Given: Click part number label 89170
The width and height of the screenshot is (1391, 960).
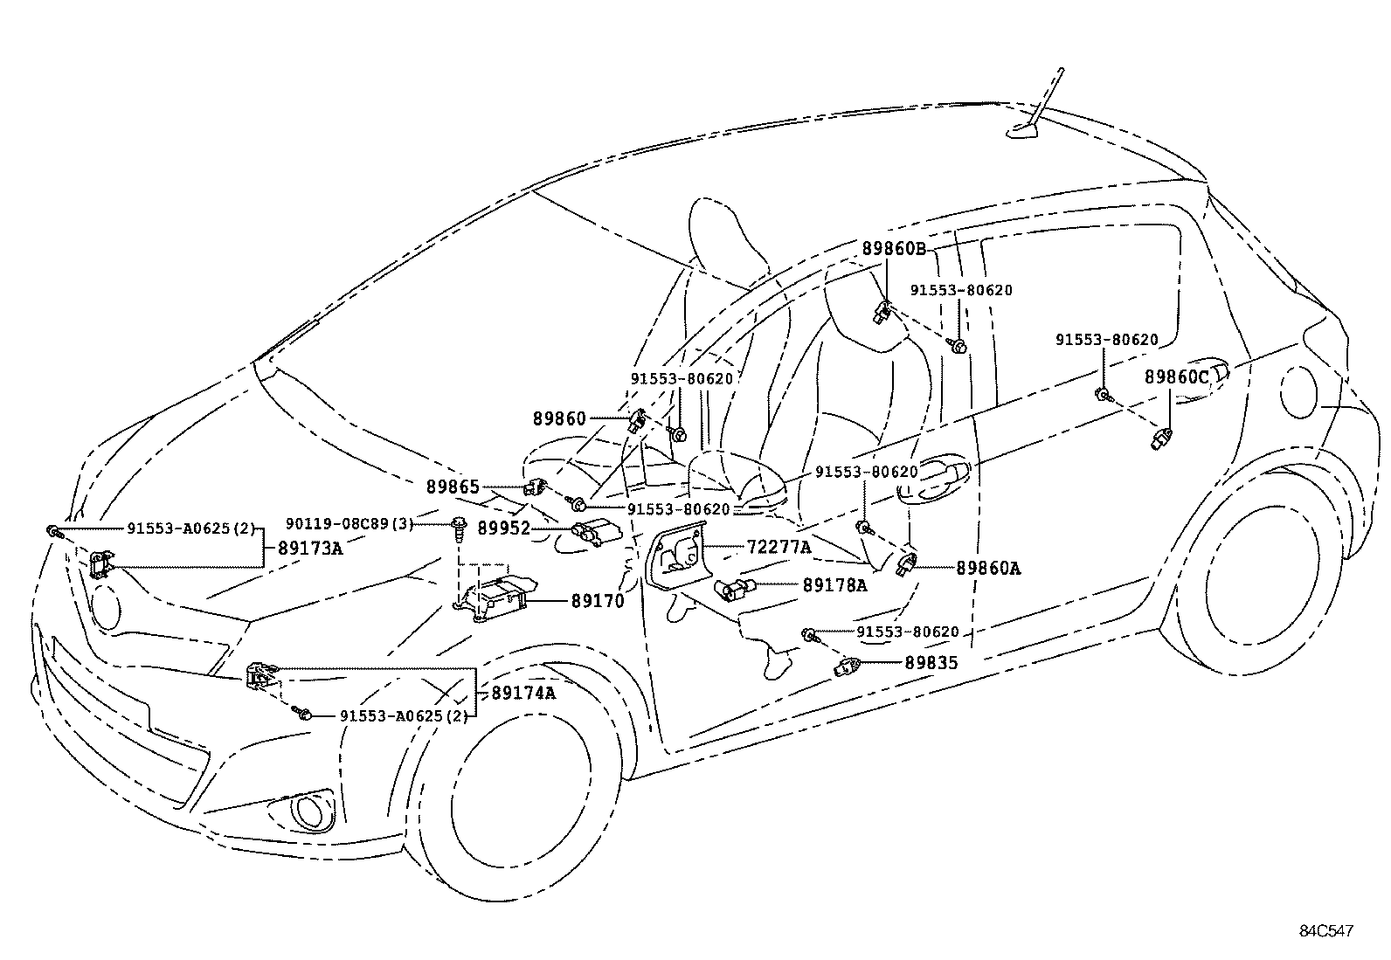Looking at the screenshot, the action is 598,601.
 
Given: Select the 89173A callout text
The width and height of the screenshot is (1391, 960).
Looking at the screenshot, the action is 310,549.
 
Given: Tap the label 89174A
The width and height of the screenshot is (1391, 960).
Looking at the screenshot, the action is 523,693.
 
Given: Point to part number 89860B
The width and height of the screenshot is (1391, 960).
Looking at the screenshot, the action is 893,248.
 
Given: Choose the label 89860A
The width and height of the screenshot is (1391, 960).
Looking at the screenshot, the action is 988,568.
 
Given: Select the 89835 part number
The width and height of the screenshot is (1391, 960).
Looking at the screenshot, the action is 931,663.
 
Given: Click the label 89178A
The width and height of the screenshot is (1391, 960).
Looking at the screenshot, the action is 834,585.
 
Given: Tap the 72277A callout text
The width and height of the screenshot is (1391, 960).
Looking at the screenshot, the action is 779,548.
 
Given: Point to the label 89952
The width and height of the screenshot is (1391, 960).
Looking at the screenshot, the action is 504,528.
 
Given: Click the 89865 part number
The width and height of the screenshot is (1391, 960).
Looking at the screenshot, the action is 453,487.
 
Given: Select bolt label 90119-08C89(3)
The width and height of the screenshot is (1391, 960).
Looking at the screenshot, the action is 349,524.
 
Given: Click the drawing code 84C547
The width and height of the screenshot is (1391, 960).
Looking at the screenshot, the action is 1325,931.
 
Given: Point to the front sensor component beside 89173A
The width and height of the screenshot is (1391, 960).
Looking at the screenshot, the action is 102,563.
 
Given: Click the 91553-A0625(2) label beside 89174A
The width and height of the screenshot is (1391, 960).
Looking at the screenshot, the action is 404,715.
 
